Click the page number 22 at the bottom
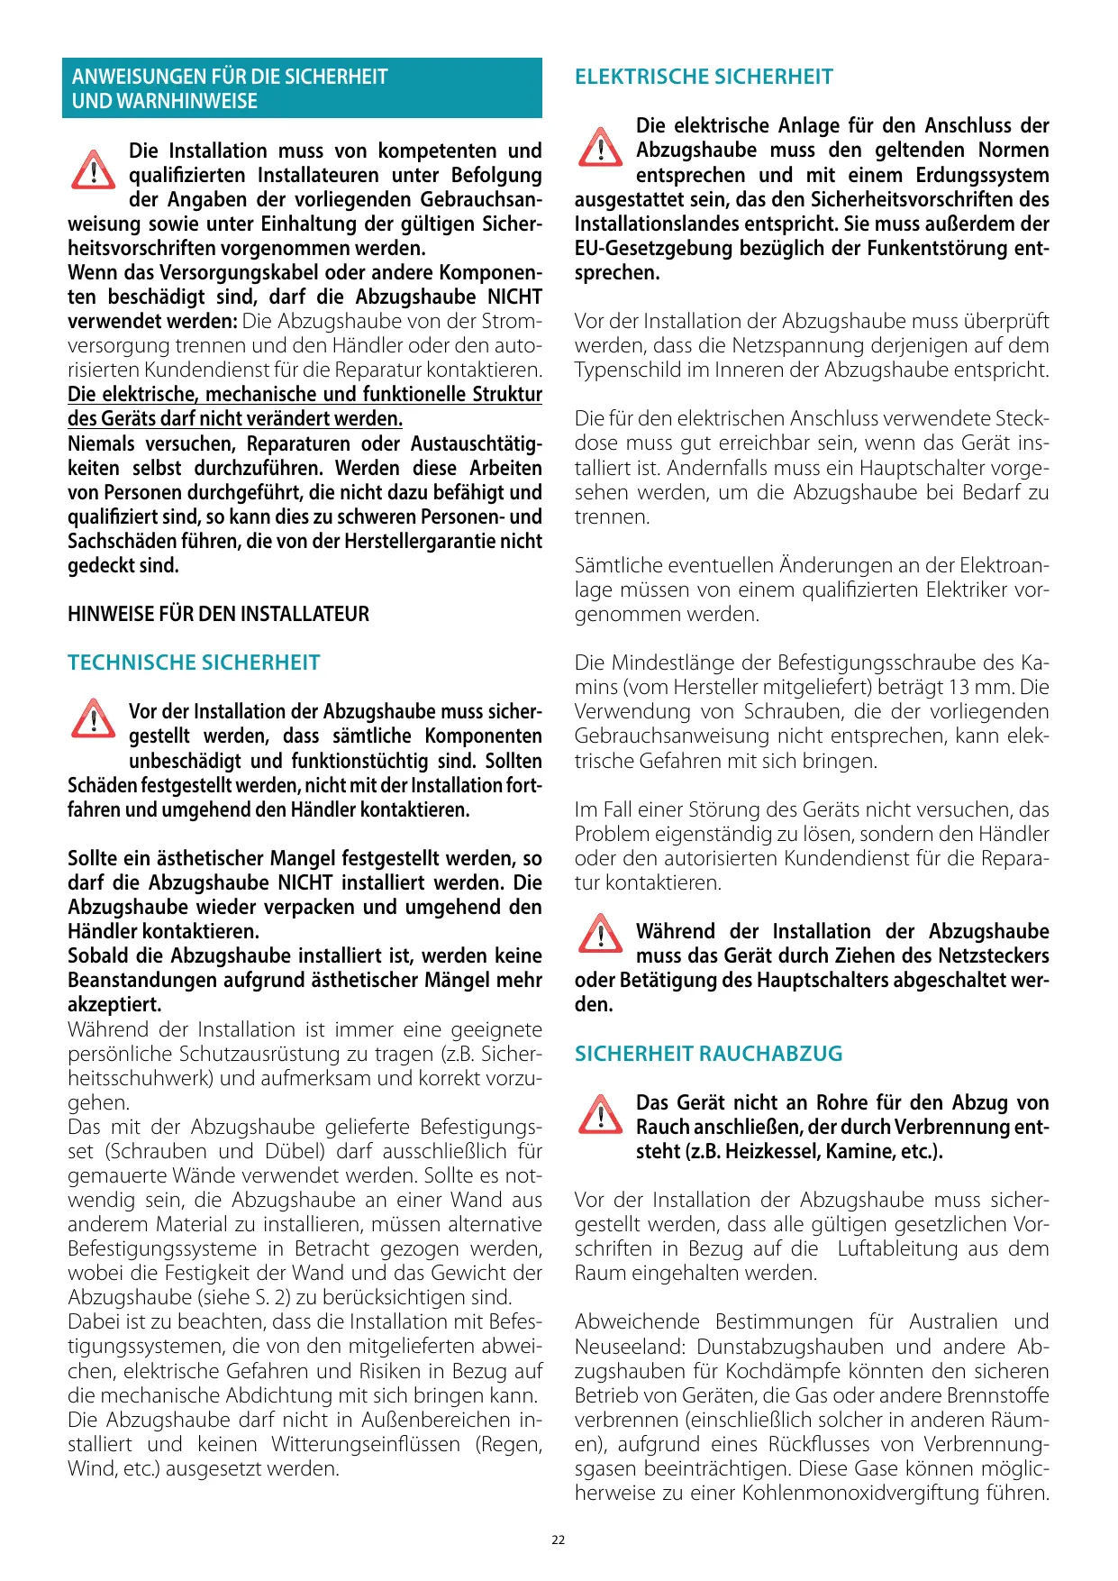point(559,1540)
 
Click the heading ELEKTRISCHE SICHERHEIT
point(704,77)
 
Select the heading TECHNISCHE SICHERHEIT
point(194,663)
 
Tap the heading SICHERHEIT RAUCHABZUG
point(709,1054)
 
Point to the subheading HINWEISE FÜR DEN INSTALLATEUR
point(218,614)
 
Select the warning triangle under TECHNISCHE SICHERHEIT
point(93,719)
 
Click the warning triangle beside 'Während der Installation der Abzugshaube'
point(600,934)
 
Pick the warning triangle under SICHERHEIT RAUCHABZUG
point(600,1114)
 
